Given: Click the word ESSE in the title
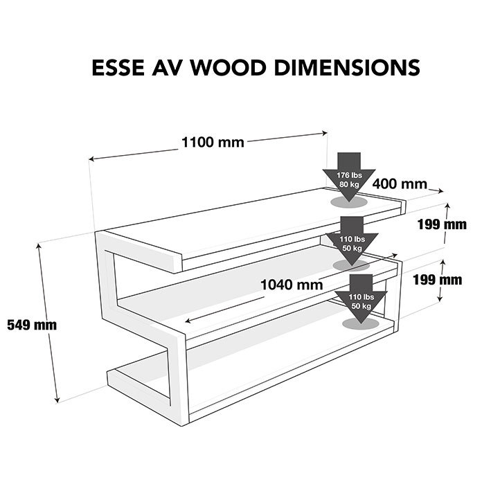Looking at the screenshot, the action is tap(118, 67).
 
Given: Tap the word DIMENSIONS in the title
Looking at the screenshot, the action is tap(347, 67).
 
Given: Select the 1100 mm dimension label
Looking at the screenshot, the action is tap(213, 143).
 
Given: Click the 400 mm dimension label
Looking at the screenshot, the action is tap(400, 184).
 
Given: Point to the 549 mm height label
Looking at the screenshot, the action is tap(32, 325).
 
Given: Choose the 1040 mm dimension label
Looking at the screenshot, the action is tap(292, 285).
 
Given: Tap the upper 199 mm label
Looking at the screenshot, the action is tap(442, 224).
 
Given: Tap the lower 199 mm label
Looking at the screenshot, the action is tap(438, 280).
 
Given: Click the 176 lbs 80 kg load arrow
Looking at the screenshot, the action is tap(349, 177).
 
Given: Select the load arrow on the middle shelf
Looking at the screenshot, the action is tap(352, 241).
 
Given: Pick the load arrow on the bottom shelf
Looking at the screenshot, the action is tap(361, 299).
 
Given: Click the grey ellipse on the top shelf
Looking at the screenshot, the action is tap(349, 202).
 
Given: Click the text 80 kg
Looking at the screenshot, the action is tap(349, 184).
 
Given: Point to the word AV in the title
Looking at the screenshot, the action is tap(167, 67).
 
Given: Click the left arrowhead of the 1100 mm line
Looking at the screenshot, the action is tap(91, 159).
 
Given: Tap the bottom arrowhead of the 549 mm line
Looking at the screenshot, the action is tap(57, 400).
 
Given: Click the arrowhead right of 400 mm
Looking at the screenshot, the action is tap(441, 190).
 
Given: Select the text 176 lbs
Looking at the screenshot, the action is tap(349, 175).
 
